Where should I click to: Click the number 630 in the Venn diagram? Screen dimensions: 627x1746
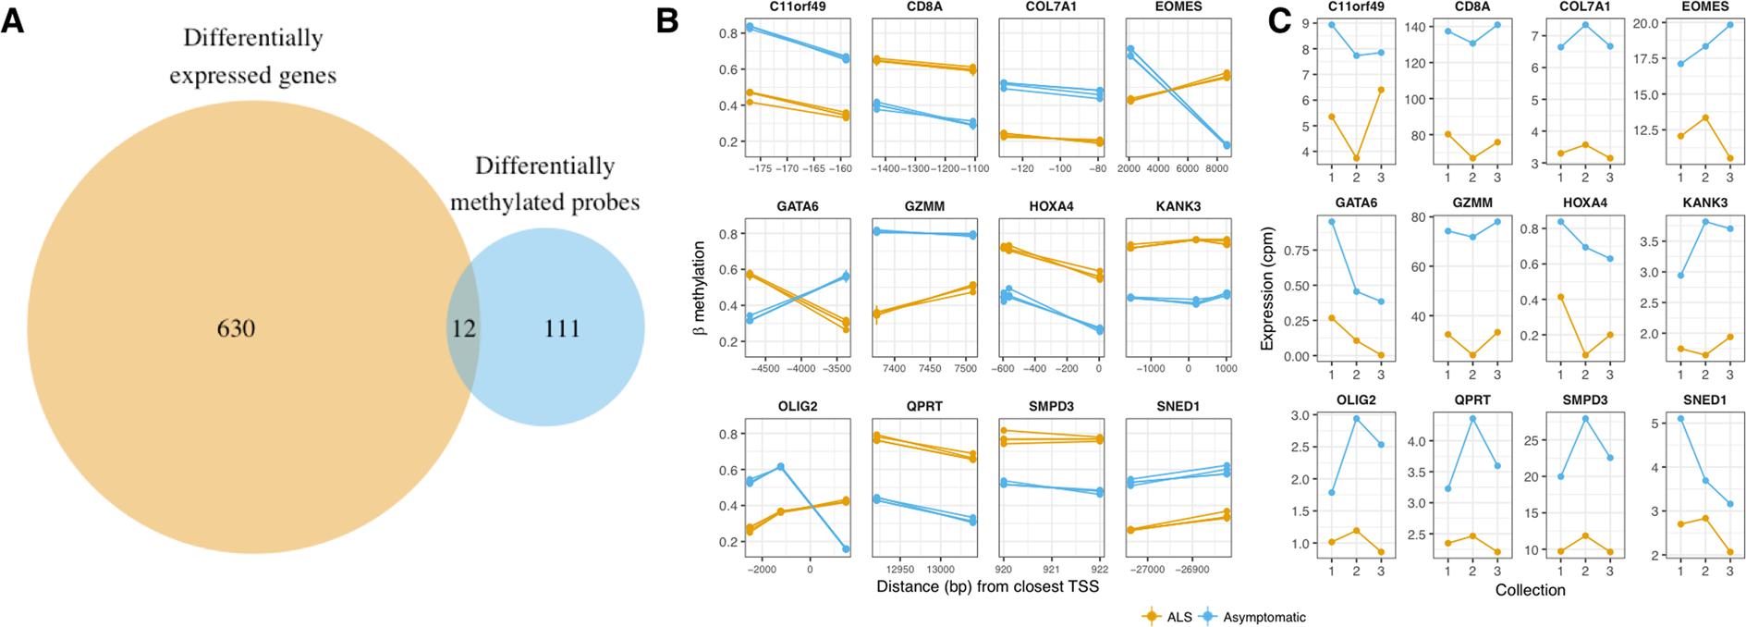pyautogui.click(x=236, y=328)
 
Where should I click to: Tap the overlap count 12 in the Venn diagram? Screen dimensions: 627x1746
pyautogui.click(x=463, y=328)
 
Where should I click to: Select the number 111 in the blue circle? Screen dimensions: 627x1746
pyautogui.click(x=562, y=328)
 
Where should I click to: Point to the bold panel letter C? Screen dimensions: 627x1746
pyautogui.click(x=1278, y=20)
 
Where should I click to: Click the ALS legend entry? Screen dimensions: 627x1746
pyautogui.click(x=1168, y=617)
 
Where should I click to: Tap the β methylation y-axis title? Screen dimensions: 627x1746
pyautogui.click(x=699, y=288)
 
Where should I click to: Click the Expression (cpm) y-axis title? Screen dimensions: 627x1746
pyautogui.click(x=1267, y=289)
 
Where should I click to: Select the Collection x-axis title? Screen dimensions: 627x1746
pyautogui.click(x=1530, y=590)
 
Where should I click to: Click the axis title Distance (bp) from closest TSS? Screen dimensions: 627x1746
pyautogui.click(x=987, y=586)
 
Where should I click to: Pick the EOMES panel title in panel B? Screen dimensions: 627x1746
pyautogui.click(x=1178, y=6)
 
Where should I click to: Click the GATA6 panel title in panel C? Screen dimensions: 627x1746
pyautogui.click(x=1356, y=203)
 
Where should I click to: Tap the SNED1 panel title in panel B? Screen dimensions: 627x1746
pyautogui.click(x=1178, y=406)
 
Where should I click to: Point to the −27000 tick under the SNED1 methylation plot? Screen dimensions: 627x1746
pyautogui.click(x=1149, y=570)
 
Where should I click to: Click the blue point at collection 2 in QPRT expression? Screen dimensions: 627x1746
pyautogui.click(x=1472, y=419)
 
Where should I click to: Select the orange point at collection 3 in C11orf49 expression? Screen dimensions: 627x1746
pyautogui.click(x=1381, y=90)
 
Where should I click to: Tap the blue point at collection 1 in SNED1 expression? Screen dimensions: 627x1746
pyautogui.click(x=1680, y=419)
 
